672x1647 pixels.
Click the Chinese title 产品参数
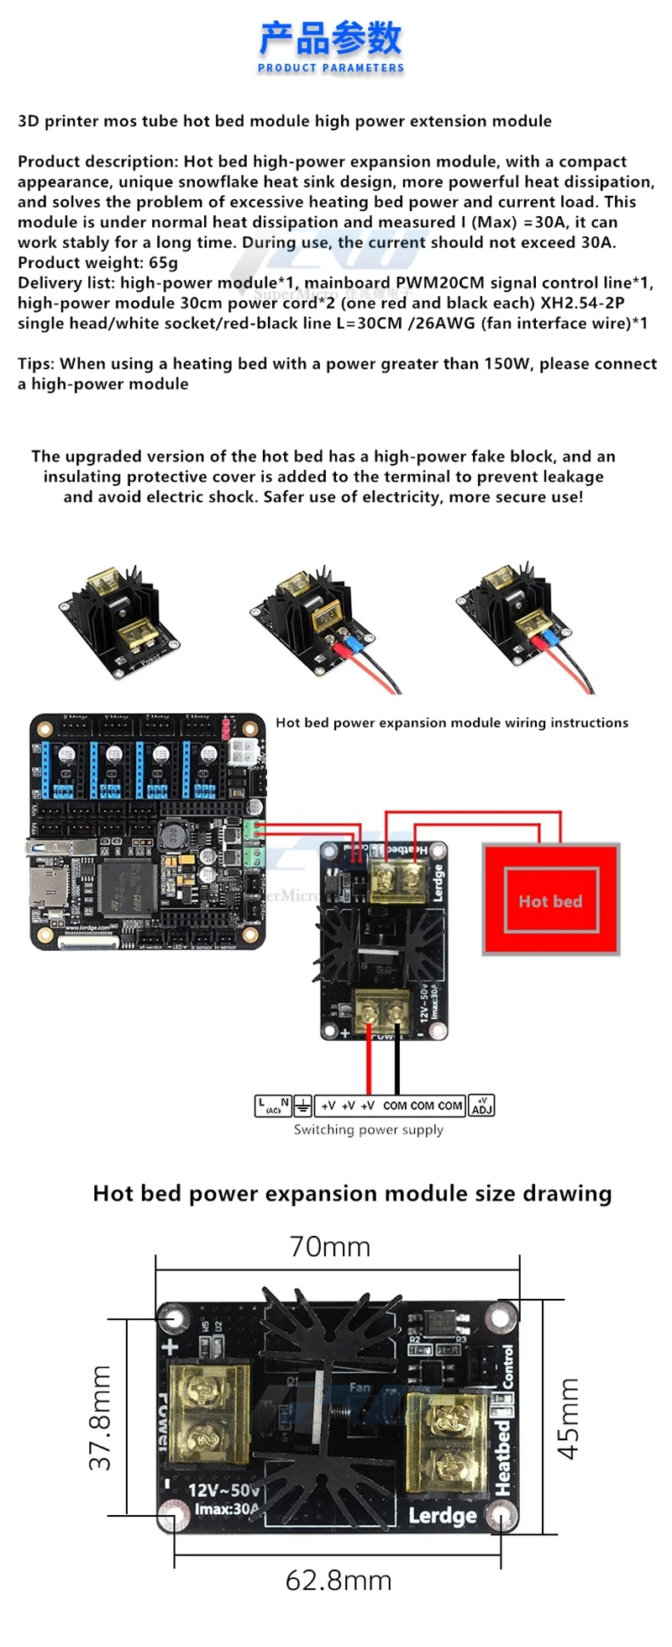pos(330,38)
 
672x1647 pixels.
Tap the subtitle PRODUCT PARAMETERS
pos(330,68)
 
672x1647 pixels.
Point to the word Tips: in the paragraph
pos(36,364)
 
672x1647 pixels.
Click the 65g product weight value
pos(163,262)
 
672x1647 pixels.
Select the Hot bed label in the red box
pos(550,901)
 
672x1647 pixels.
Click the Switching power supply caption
pos(368,1130)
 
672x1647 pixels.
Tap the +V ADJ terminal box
pos(482,1106)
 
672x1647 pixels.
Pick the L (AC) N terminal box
pos(273,1106)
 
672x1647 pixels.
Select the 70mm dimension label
pos(329,1247)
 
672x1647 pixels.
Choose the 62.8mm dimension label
pos(339,1581)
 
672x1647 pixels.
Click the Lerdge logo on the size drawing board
pos(442,1516)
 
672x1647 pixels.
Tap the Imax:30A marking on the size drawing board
pos(227,1509)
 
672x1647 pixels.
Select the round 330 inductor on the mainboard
pos(171,836)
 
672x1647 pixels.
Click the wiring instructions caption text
pos(451,723)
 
